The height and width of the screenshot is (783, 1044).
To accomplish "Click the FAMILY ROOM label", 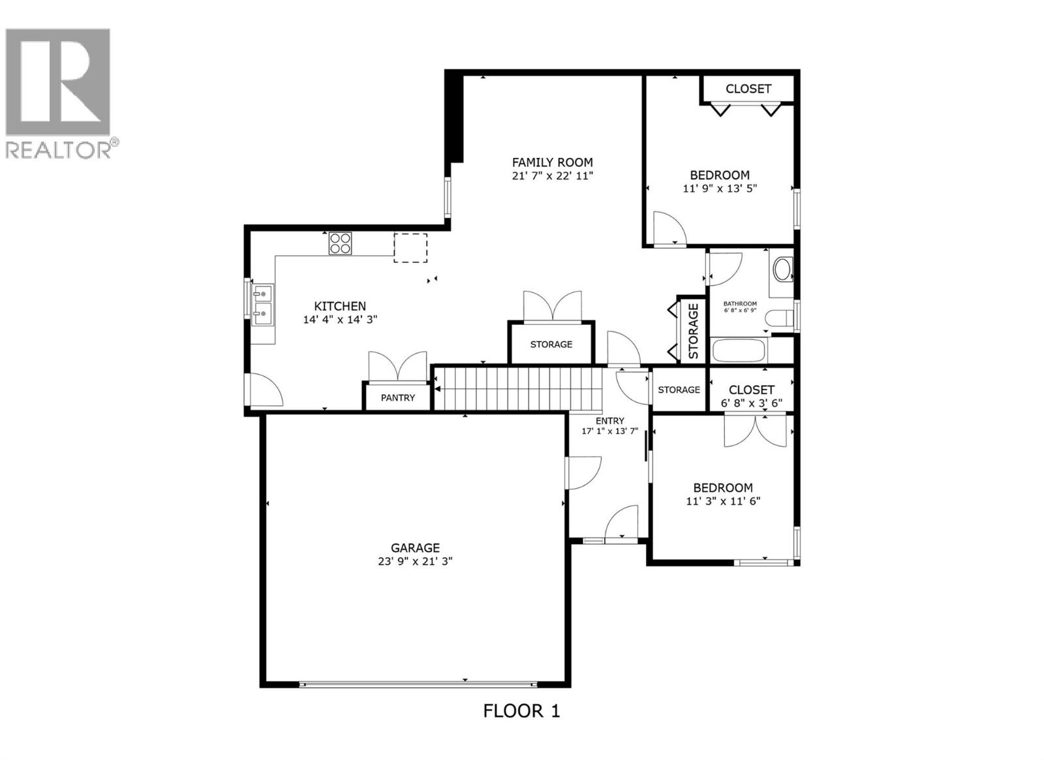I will click(552, 162).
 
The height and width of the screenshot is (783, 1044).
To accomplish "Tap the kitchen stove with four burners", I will click(340, 243).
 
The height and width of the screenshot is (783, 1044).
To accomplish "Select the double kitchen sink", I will click(264, 305).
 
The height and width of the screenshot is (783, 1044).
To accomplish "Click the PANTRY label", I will click(398, 397).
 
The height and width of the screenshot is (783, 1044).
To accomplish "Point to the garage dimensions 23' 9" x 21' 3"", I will click(415, 561).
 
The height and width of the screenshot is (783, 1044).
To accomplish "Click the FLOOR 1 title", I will click(521, 711).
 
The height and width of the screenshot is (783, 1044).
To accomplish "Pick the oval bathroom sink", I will click(782, 269).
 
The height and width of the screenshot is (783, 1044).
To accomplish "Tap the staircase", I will click(517, 389).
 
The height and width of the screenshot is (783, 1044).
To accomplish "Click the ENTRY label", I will click(609, 421).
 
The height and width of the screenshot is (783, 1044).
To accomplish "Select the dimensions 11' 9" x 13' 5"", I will click(720, 189).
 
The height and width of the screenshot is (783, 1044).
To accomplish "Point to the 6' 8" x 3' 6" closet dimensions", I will click(751, 403).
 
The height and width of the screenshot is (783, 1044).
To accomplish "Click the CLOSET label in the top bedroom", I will click(748, 89).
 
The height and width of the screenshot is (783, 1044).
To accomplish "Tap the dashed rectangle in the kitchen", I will click(410, 248).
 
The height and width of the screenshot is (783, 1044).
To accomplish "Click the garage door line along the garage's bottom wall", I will click(418, 684).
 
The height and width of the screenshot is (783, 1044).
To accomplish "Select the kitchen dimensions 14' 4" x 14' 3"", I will click(340, 320).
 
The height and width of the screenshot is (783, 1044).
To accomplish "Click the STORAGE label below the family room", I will click(551, 344).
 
